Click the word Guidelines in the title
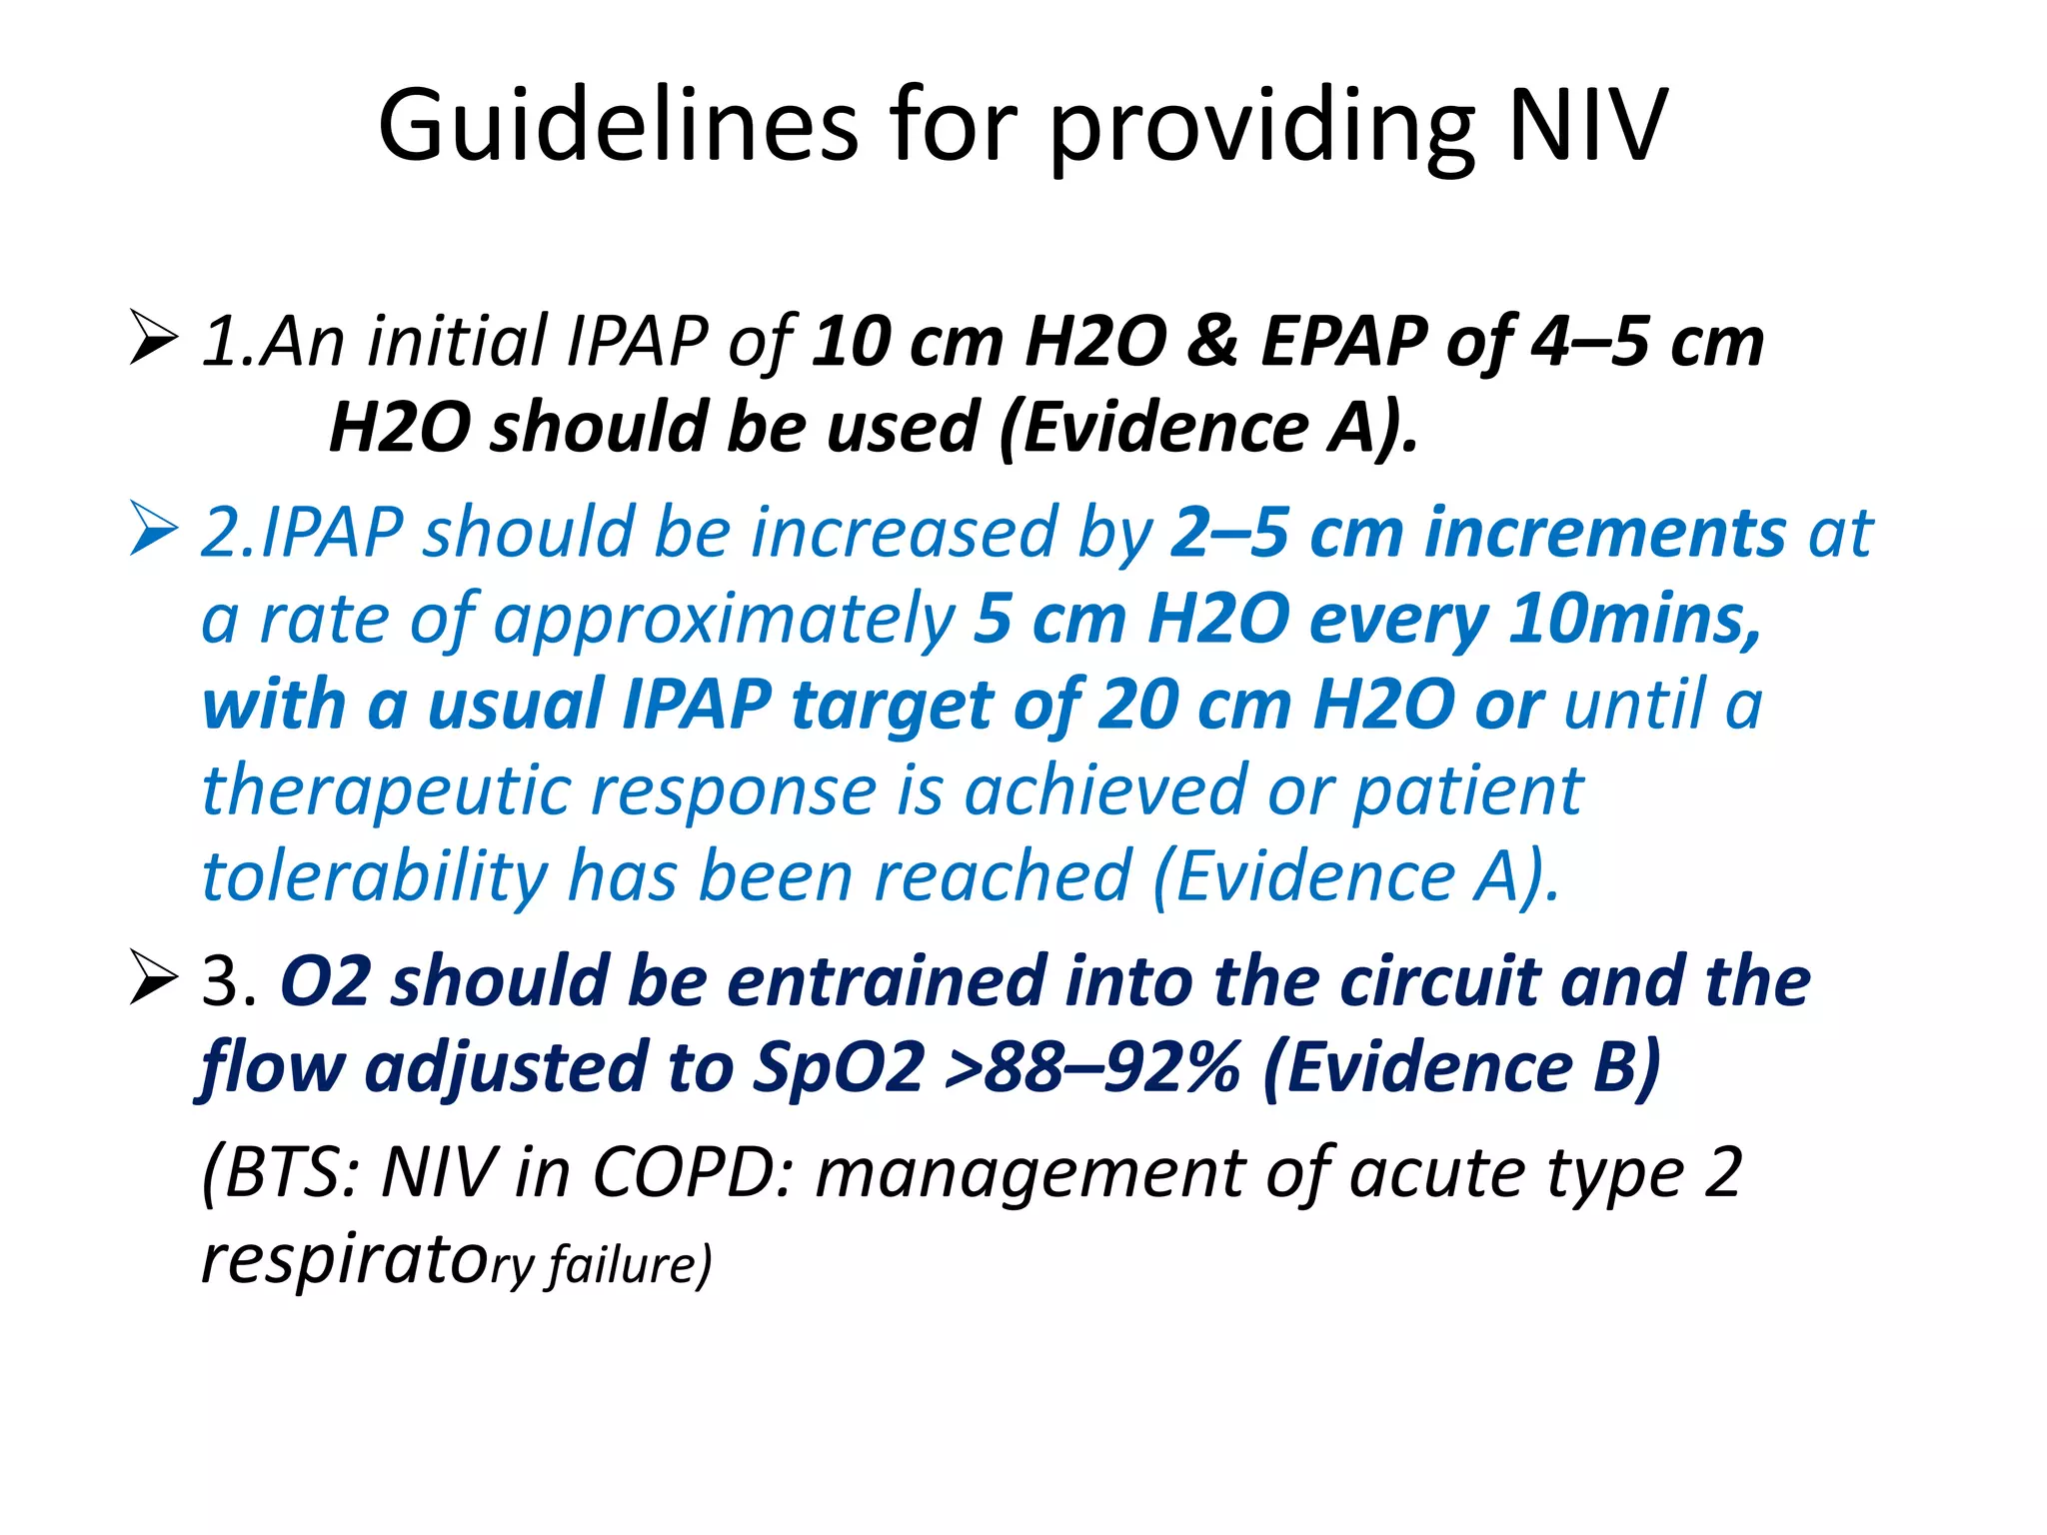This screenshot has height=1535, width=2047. coord(618,126)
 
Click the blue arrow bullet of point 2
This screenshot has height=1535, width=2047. coord(153,530)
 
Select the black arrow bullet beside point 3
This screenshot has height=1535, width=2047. coord(153,978)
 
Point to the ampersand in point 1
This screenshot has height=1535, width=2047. coord(1212,341)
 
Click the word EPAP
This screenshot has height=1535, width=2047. coord(1343,341)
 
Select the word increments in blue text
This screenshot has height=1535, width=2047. coord(1605,533)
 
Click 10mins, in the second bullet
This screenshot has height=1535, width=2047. coord(1634,619)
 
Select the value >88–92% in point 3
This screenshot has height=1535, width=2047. coord(1091,1066)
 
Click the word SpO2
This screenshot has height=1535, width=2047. coord(838,1066)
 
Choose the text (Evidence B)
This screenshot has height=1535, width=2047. coord(1462,1066)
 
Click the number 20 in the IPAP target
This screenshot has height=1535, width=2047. coord(1136,705)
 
